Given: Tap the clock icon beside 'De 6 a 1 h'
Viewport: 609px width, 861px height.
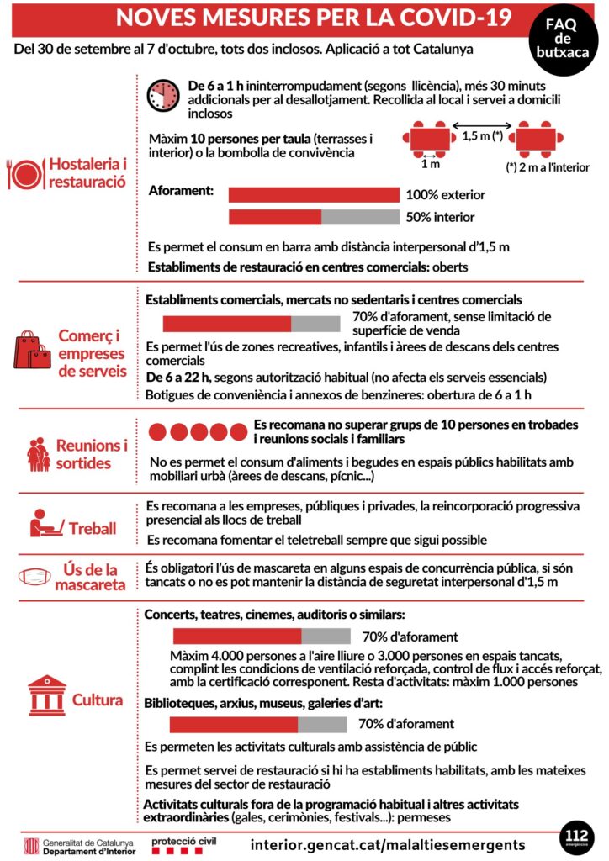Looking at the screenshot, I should [162, 96].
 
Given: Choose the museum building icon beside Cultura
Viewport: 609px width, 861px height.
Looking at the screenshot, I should [47, 695].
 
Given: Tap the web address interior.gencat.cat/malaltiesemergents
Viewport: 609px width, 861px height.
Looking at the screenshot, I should [388, 843].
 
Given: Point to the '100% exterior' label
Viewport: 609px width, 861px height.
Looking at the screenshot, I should [445, 195].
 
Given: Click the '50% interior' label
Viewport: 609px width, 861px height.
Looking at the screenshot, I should [440, 217].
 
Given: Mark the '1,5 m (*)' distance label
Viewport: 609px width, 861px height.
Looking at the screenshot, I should [483, 138].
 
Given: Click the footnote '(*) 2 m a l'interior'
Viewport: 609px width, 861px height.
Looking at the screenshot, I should [547, 167].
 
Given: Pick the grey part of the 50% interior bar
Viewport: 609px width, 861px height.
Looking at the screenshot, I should [359, 217].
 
